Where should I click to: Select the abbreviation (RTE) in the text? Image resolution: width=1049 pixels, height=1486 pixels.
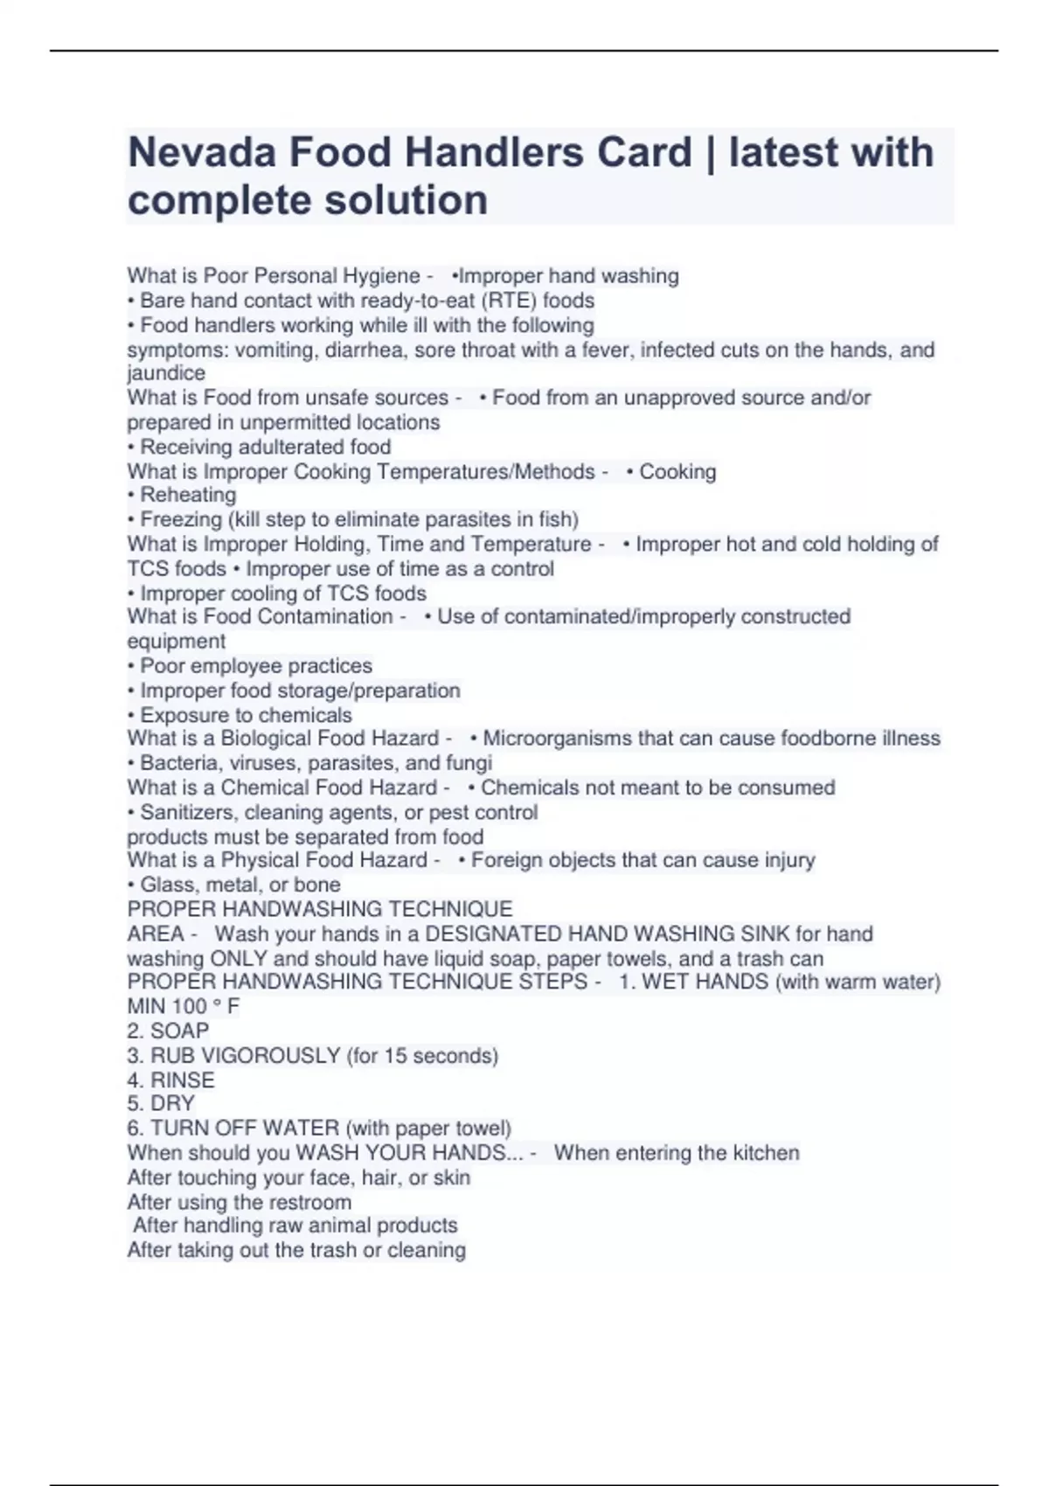point(510,301)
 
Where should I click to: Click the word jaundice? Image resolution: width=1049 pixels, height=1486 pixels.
point(166,373)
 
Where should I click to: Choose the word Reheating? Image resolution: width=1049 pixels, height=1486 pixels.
point(188,495)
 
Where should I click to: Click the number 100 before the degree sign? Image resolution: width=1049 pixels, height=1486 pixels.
point(190,1006)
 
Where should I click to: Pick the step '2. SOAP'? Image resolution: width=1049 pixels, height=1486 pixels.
point(168,1031)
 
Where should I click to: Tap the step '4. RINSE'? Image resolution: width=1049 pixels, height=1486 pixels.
point(170,1080)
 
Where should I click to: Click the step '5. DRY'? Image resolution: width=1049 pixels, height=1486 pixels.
point(161,1103)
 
